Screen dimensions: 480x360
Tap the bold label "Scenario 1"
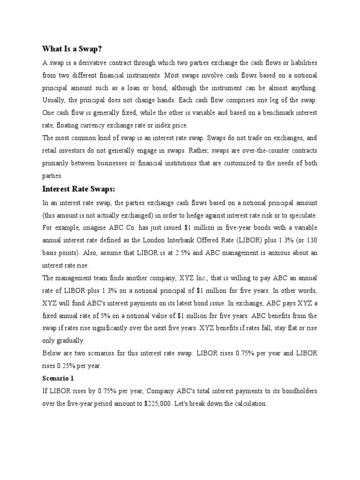[58, 377]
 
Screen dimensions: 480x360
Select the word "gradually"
[70, 341]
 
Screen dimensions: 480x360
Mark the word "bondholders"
[296, 390]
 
